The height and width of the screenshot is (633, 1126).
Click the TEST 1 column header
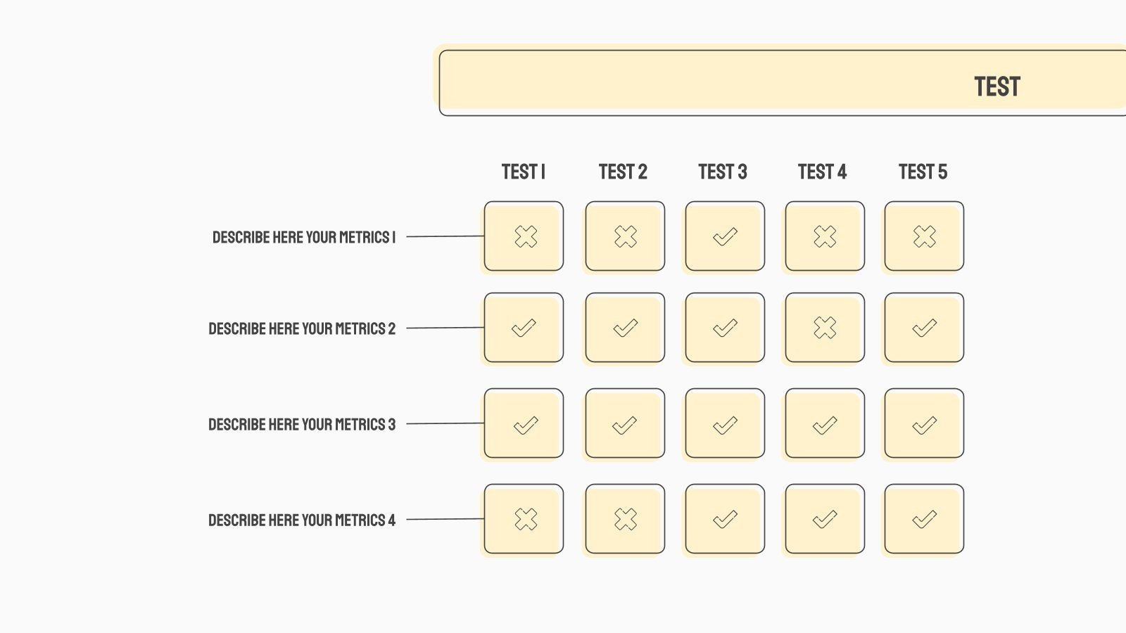pyautogui.click(x=524, y=172)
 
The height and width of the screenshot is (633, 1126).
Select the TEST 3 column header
pyautogui.click(x=723, y=172)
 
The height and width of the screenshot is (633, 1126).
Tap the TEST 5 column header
pyautogui.click(x=923, y=172)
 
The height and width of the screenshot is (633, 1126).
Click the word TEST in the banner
pyautogui.click(x=997, y=87)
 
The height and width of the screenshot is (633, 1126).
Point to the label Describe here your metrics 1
pyautogui.click(x=304, y=237)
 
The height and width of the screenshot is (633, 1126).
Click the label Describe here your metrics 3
pyautogui.click(x=302, y=425)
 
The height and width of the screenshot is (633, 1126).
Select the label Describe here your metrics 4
pyautogui.click(x=302, y=520)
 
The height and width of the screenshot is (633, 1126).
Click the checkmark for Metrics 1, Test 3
pyautogui.click(x=726, y=236)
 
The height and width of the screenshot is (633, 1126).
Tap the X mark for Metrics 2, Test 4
pyautogui.click(x=825, y=328)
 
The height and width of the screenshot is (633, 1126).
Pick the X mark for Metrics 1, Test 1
pyautogui.click(x=526, y=236)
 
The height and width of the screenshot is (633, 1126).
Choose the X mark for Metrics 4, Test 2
pyautogui.click(x=626, y=519)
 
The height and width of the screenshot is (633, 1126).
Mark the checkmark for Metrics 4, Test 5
pyautogui.click(x=925, y=520)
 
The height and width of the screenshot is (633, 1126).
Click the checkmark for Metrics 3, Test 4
pyautogui.click(x=825, y=426)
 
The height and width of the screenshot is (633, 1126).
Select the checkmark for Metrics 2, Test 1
pyautogui.click(x=524, y=328)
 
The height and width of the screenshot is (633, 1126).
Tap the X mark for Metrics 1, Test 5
pyautogui.click(x=925, y=236)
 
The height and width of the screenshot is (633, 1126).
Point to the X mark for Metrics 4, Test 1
pyautogui.click(x=526, y=519)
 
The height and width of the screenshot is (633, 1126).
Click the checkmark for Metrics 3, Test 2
pyautogui.click(x=625, y=426)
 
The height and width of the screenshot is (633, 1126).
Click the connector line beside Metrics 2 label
pyautogui.click(x=445, y=328)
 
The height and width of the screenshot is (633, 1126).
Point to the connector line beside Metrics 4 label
pyautogui.click(x=445, y=519)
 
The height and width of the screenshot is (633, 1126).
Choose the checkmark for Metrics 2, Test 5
pyautogui.click(x=925, y=328)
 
